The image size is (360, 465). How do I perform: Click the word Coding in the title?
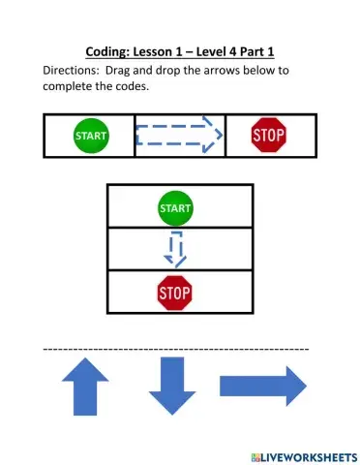click(x=101, y=51)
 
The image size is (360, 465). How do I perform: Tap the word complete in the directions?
click(x=74, y=87)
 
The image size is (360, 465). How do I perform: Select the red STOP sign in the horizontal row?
click(x=268, y=136)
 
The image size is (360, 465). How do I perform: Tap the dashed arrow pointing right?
click(x=179, y=136)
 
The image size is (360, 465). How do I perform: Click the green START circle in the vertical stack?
click(x=174, y=207)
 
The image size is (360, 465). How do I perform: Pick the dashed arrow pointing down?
click(x=174, y=250)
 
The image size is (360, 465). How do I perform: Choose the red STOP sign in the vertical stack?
click(x=174, y=291)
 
